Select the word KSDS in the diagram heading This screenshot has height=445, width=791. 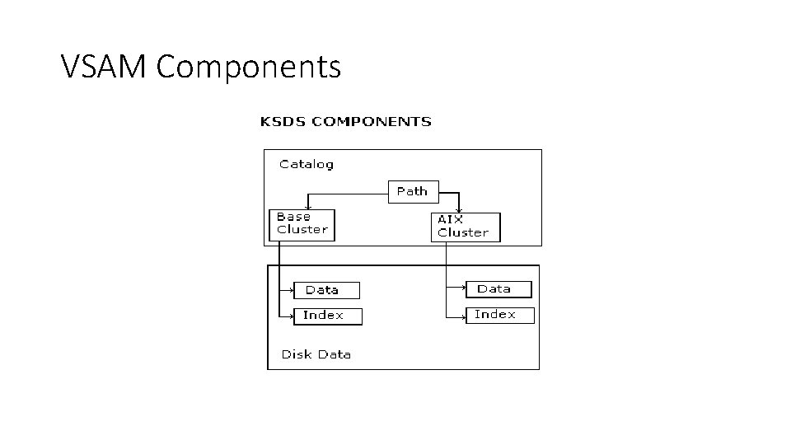(x=282, y=122)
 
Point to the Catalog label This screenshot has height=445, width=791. (x=307, y=164)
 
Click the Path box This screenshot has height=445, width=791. (x=413, y=191)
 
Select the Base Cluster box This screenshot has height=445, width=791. (x=302, y=224)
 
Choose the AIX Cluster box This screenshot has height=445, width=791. (x=465, y=227)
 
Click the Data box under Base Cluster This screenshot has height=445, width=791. (x=327, y=290)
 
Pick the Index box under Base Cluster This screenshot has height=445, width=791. (x=328, y=316)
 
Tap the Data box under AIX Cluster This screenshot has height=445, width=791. (x=498, y=289)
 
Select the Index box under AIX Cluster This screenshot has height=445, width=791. (x=500, y=315)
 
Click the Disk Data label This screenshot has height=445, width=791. (x=316, y=354)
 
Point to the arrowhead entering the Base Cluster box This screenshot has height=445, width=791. (x=307, y=208)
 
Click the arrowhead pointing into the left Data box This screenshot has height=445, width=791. (x=292, y=290)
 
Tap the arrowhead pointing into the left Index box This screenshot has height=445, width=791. (x=292, y=316)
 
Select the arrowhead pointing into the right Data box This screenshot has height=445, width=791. (x=463, y=288)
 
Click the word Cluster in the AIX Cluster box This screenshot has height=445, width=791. (x=463, y=232)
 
